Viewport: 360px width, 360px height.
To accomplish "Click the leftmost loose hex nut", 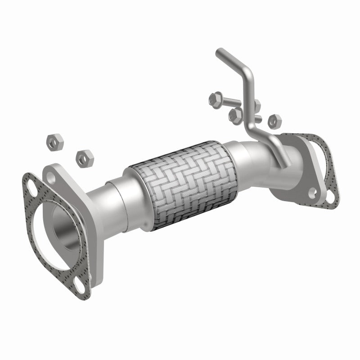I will [55, 142].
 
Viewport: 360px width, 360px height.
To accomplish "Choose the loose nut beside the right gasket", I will [274, 120].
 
